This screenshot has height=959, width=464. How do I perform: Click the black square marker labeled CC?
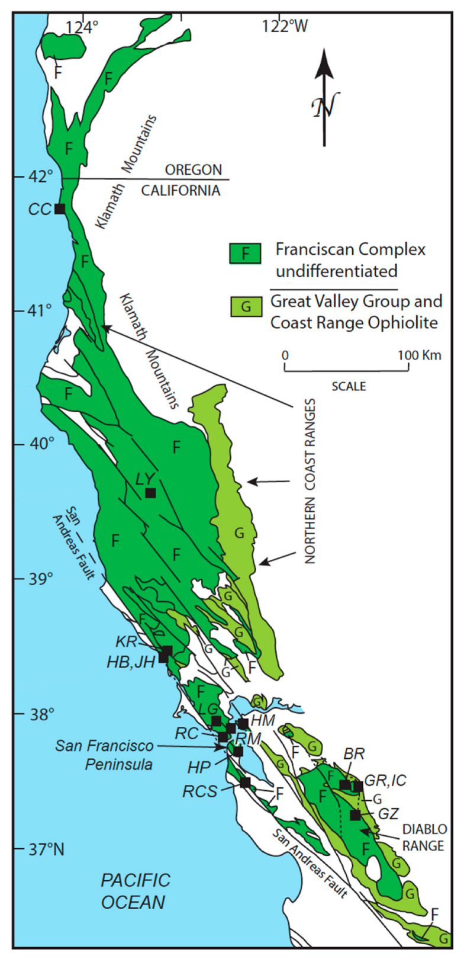click(59, 209)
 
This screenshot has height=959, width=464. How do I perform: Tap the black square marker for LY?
click(150, 493)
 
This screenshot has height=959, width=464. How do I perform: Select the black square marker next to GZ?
click(355, 815)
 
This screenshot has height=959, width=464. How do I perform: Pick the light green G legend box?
click(246, 306)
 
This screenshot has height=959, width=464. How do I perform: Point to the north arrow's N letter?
click(323, 107)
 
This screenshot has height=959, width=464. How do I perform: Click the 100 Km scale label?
click(419, 355)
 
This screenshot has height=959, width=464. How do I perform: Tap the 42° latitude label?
click(42, 177)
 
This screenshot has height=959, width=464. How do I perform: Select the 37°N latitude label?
click(46, 849)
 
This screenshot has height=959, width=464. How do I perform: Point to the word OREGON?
click(193, 170)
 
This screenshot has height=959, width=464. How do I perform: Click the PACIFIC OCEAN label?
click(135, 891)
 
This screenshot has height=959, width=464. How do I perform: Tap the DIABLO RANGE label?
click(423, 837)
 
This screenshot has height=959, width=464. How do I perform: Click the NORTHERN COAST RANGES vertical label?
click(310, 480)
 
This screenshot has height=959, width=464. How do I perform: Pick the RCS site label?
click(199, 791)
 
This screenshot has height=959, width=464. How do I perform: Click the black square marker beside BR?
click(344, 785)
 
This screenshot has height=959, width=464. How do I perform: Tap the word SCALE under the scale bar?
click(349, 386)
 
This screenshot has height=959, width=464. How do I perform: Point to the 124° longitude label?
click(82, 26)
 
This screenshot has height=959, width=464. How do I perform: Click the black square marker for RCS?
click(245, 782)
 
